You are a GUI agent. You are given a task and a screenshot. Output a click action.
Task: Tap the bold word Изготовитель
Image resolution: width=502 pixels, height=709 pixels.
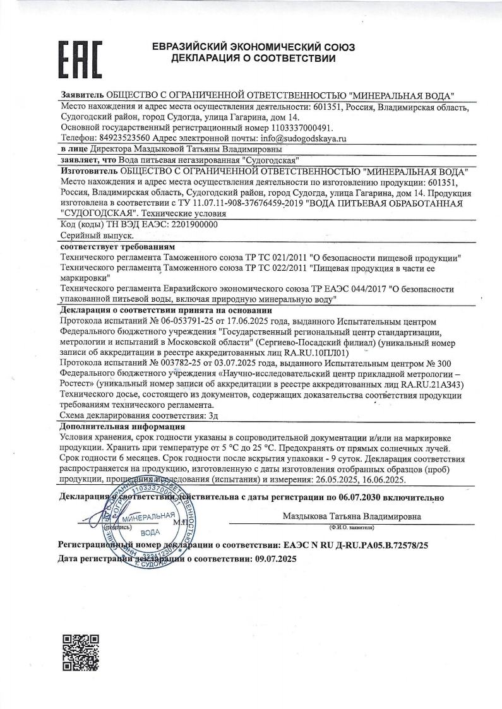pos(87,171)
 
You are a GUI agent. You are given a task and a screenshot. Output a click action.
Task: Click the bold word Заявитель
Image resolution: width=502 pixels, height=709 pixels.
pos(82,95)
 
